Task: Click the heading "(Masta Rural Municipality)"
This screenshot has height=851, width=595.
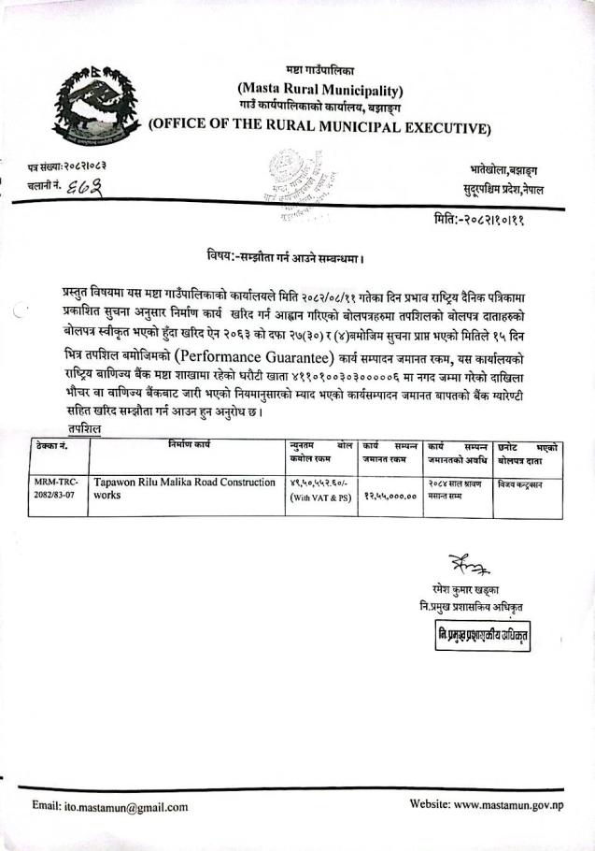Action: pos(320,91)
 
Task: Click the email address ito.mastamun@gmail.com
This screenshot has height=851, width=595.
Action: pos(110,806)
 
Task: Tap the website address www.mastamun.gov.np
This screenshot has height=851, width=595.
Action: pos(485,804)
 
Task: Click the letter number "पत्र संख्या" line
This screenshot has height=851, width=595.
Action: pos(66,166)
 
